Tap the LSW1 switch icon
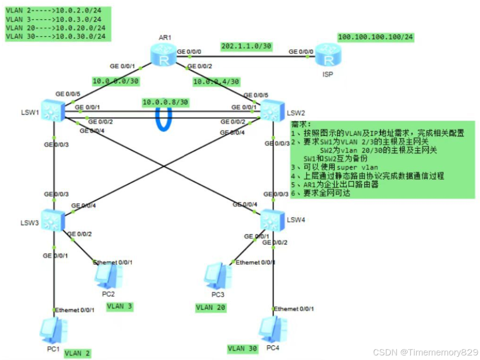point(54,110)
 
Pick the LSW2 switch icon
point(272,110)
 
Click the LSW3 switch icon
point(54,221)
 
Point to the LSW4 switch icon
point(272,221)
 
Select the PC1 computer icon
point(53,330)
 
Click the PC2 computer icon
point(108,275)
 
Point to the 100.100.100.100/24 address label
point(376,37)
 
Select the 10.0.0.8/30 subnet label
point(165,102)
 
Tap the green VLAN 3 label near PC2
point(120,306)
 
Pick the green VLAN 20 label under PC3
point(211,308)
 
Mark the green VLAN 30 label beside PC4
point(243,349)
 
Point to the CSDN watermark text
point(425,352)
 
